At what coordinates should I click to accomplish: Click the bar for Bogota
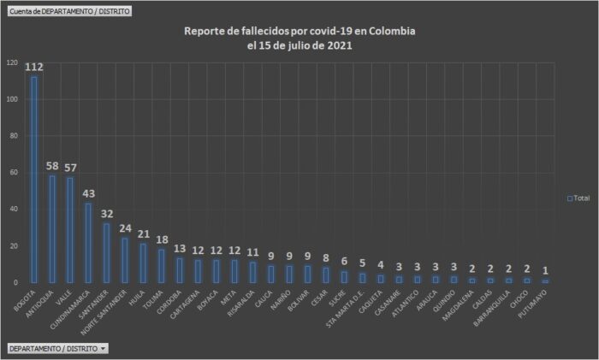(x=34, y=180)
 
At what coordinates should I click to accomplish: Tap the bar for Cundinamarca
(x=88, y=243)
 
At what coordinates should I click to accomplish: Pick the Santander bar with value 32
(x=106, y=253)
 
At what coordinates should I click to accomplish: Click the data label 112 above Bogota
(x=34, y=68)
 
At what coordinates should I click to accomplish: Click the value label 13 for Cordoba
(x=179, y=249)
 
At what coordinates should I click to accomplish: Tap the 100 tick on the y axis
(x=12, y=99)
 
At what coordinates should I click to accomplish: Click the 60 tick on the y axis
(x=12, y=173)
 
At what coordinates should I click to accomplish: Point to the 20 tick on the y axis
(x=12, y=246)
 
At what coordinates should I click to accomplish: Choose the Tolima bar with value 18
(x=161, y=266)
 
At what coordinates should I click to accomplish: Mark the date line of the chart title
(x=299, y=46)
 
